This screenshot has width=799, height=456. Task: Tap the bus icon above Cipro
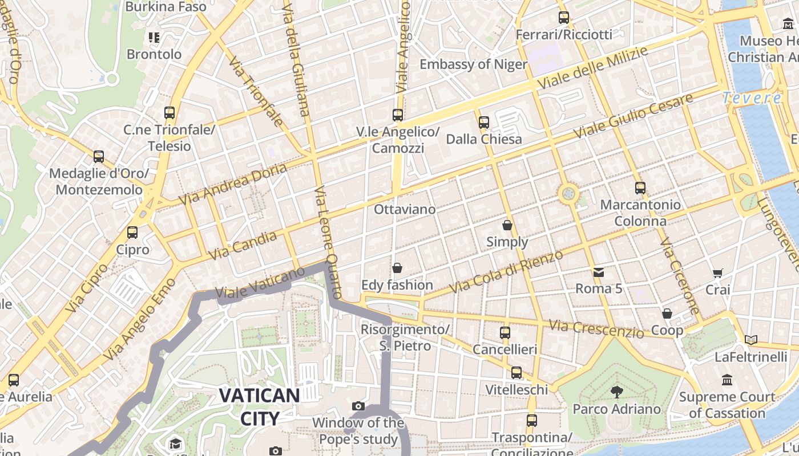(x=132, y=233)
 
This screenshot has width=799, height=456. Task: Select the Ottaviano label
(x=405, y=209)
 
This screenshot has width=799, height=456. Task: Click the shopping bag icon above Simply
(x=507, y=226)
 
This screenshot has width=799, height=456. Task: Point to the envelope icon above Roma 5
(x=598, y=272)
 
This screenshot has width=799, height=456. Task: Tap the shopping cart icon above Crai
(x=718, y=274)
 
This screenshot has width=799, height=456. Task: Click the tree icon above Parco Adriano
(x=616, y=392)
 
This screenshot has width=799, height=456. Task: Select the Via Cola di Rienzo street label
(x=507, y=272)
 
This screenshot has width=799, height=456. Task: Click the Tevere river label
(x=752, y=98)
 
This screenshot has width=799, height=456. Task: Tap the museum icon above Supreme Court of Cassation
(x=727, y=380)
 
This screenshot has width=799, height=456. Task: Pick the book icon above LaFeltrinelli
(x=751, y=340)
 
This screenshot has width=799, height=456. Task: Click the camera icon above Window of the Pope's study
(x=358, y=406)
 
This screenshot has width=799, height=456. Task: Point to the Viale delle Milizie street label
(x=594, y=68)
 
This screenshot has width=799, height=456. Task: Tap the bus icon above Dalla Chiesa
(x=484, y=122)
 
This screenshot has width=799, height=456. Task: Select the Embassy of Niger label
(x=473, y=64)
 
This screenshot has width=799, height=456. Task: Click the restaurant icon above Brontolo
(x=154, y=38)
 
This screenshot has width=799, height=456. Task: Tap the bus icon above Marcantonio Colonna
(x=640, y=188)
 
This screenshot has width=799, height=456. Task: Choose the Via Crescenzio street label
(x=596, y=328)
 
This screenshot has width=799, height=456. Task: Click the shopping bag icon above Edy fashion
(x=397, y=268)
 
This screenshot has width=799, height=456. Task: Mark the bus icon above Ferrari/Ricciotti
(x=564, y=18)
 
